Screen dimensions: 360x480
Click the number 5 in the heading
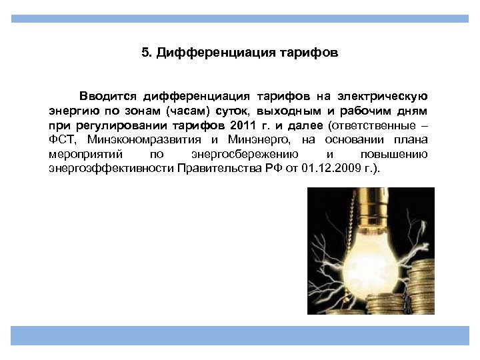145,53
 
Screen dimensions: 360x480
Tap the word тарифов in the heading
315,53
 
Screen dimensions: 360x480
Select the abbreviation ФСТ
63,140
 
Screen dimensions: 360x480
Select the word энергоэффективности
111,169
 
